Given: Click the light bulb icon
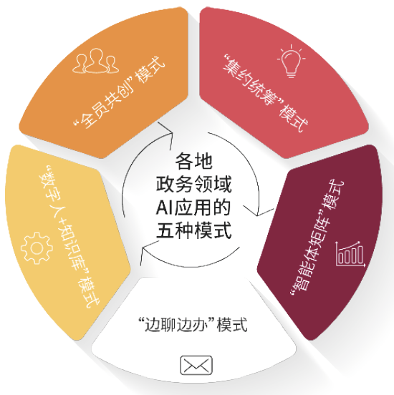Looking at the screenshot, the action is pos(291,61).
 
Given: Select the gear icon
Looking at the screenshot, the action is pos(37,248).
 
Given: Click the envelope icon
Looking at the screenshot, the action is pos(196,365).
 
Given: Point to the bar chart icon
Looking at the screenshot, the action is pos(350,254).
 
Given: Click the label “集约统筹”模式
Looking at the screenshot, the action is pos(266,92).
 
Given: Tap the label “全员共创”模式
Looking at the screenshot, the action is pos(119,92).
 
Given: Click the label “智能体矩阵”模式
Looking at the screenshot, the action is pos(317,238).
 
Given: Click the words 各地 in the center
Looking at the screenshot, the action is pos(193,162).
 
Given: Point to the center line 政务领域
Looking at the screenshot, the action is pos(193,185).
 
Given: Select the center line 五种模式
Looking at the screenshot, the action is pos(193,230).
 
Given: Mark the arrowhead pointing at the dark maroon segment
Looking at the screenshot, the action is pos(258,212).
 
